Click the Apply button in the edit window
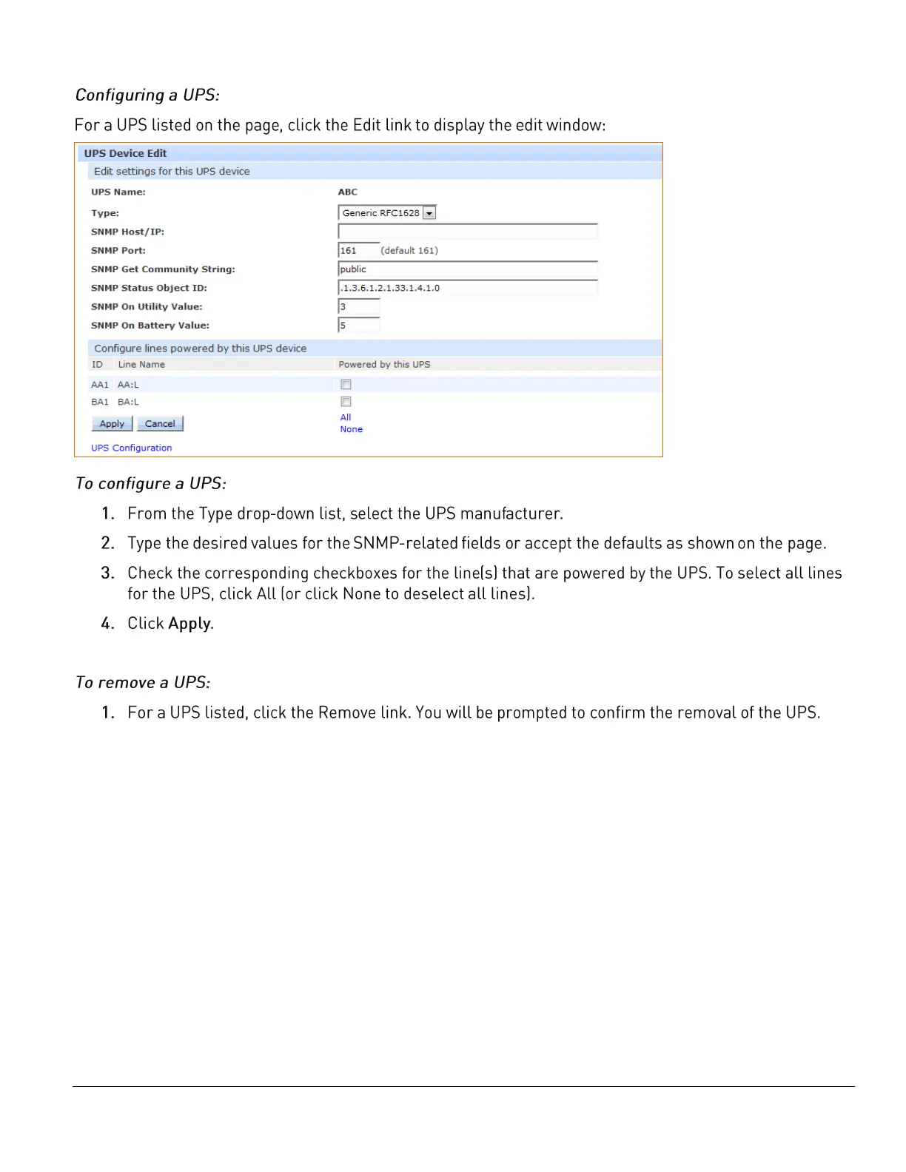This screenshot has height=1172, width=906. click(112, 424)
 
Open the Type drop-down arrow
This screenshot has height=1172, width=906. click(429, 213)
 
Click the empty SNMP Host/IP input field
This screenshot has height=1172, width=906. click(467, 232)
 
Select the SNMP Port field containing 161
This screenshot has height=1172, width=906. click(358, 251)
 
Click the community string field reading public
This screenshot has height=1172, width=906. click(467, 269)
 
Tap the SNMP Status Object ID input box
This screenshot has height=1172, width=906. click(467, 288)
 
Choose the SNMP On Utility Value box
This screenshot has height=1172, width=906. click(358, 306)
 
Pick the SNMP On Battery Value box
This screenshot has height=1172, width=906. click(358, 326)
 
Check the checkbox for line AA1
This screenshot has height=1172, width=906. click(346, 385)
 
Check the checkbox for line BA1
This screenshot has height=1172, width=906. click(346, 402)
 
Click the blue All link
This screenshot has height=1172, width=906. click(346, 417)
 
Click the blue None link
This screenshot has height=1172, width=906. click(351, 429)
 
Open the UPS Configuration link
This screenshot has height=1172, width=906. click(131, 448)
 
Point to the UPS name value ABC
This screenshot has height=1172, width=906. click(348, 192)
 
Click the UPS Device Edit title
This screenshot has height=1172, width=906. click(125, 153)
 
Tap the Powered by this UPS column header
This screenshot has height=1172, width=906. click(384, 365)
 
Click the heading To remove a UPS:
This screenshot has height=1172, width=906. click(143, 682)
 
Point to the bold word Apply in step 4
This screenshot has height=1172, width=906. click(189, 624)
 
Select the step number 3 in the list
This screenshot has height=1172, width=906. click(107, 573)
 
